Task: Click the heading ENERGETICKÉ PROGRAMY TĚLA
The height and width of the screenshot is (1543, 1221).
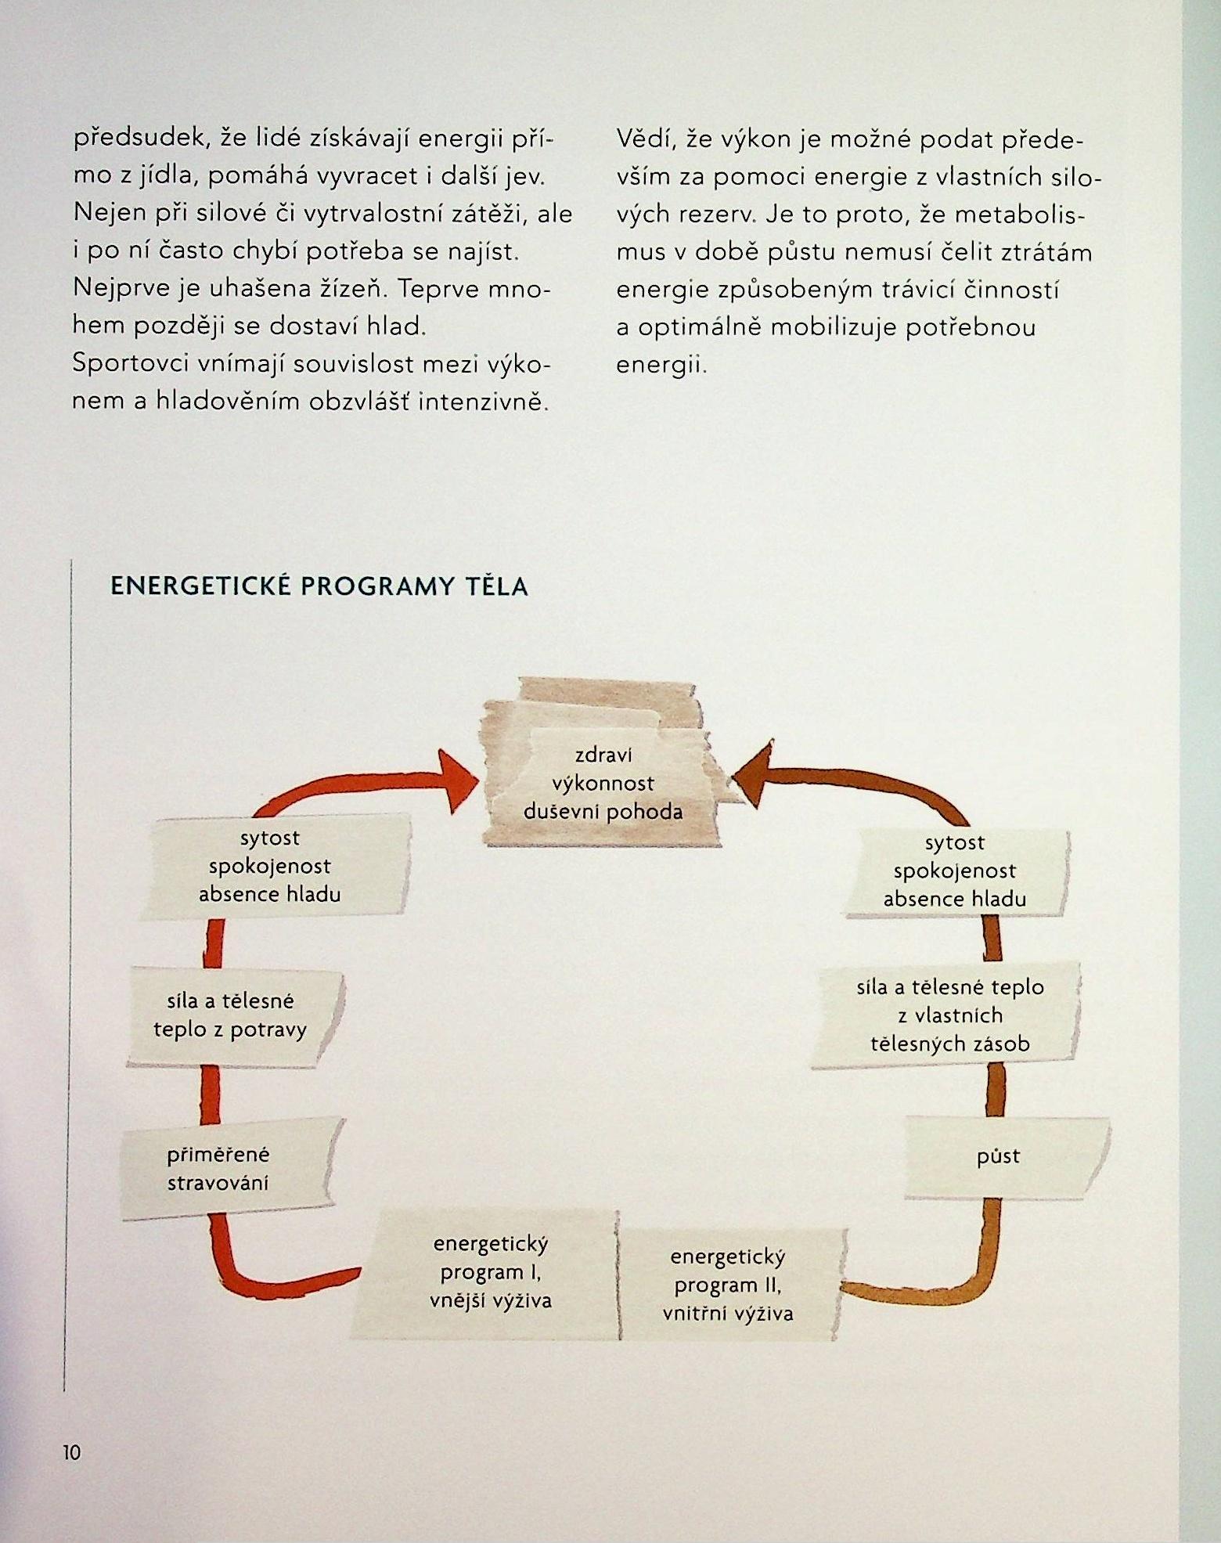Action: (x=319, y=586)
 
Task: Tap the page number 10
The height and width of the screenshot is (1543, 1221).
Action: (x=71, y=1452)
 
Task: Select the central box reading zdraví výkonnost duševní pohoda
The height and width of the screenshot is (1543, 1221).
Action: (x=603, y=783)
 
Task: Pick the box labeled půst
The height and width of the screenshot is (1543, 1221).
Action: (x=999, y=1156)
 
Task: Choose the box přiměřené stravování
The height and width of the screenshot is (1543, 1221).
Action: (x=219, y=1169)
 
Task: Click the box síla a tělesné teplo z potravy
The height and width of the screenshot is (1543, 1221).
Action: (x=230, y=1015)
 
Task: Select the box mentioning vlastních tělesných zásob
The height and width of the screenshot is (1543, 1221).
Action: (x=950, y=1015)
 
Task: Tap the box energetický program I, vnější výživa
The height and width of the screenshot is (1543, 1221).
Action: (x=490, y=1272)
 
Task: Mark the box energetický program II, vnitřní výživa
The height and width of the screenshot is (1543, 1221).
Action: (x=728, y=1285)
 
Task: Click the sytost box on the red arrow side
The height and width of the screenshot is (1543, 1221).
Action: (x=270, y=866)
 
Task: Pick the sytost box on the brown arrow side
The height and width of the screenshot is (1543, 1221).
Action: (x=954, y=871)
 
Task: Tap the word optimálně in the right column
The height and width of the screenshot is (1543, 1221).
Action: (x=699, y=326)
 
